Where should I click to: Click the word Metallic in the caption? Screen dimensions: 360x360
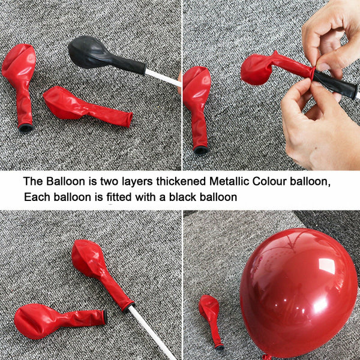229,181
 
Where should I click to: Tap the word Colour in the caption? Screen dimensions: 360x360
269,181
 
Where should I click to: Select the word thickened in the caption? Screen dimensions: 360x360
181,181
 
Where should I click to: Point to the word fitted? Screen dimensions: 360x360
119,197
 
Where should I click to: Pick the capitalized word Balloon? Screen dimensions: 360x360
65,181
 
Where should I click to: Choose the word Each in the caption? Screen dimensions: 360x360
37,197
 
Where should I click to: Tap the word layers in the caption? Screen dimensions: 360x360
137,182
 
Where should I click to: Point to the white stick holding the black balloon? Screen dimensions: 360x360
163,78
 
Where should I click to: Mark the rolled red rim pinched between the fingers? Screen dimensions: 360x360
313,73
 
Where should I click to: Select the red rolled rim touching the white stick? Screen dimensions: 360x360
128,307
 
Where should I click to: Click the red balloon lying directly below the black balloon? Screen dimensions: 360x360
87,106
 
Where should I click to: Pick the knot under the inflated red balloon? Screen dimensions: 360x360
267,357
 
